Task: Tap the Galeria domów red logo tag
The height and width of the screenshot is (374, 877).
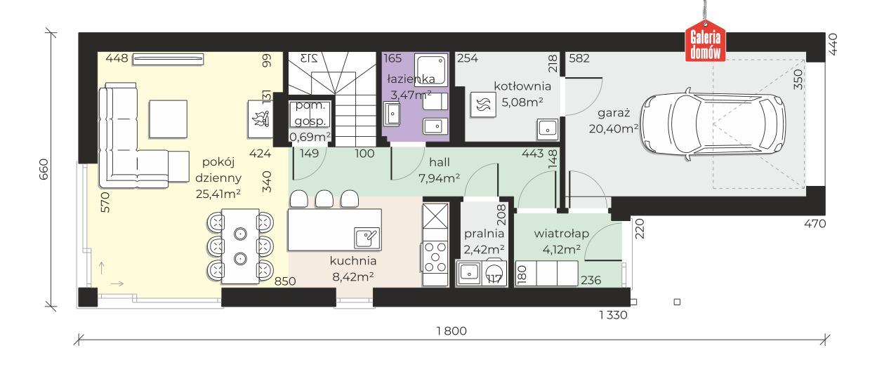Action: [x=705, y=44]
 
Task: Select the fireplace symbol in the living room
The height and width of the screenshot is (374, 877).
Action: [x=261, y=119]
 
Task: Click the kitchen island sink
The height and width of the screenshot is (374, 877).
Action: [x=367, y=238]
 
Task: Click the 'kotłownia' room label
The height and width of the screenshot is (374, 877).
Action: [x=522, y=86]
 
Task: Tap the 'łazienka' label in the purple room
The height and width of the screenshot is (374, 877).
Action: [x=411, y=79]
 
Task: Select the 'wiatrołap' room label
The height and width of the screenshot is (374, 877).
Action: [x=562, y=234]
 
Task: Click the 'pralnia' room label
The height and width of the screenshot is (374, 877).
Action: [x=484, y=234]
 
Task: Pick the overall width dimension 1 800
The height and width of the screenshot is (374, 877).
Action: [x=451, y=331]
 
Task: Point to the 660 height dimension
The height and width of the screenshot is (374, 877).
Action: [x=44, y=169]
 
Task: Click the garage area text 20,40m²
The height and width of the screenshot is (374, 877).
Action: [x=614, y=128]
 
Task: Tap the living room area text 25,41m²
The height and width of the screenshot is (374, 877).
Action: [x=218, y=193]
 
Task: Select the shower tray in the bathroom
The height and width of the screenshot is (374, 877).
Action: [x=430, y=69]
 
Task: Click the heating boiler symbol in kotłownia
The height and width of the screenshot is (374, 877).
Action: [x=484, y=105]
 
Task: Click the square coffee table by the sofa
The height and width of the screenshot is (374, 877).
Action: [x=168, y=119]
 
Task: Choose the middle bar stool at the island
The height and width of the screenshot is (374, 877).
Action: [x=324, y=199]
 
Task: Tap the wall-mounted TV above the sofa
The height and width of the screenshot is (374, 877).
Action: [x=168, y=59]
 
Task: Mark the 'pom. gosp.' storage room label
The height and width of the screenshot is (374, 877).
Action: [x=310, y=113]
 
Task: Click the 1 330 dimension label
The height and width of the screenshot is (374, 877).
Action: [x=613, y=315]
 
